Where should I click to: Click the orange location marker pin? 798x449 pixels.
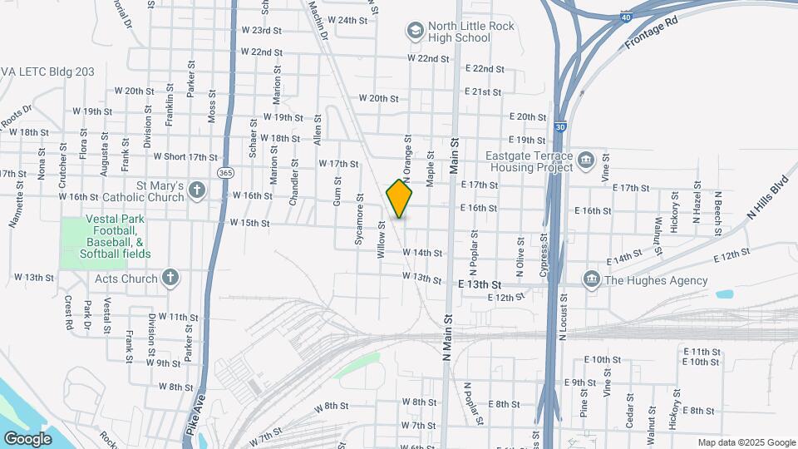(x=400, y=200)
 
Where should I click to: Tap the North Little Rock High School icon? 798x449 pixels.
(x=414, y=32)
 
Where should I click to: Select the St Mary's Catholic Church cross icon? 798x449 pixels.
(x=196, y=191)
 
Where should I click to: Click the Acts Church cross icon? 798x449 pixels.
(x=170, y=278)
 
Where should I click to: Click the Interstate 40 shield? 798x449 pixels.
(x=624, y=17)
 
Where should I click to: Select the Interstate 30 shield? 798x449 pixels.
(x=562, y=127)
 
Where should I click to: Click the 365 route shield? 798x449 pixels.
(x=225, y=172)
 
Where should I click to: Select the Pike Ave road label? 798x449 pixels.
(x=193, y=416)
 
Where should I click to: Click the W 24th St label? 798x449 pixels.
(x=347, y=20)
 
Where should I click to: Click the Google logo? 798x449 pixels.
(x=27, y=438)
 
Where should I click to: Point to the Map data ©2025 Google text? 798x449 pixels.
(x=746, y=442)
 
